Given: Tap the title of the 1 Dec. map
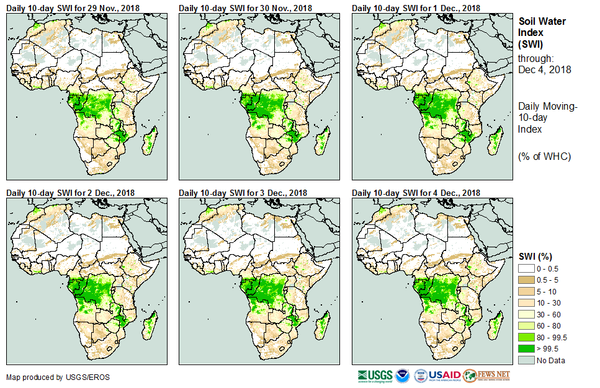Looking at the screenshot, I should [416, 7].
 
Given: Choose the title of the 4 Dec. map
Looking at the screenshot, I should [416, 193].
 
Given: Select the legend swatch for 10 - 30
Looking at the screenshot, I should [526, 302].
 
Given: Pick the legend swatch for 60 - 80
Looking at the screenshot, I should [526, 325].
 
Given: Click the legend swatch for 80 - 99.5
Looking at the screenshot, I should [526, 337].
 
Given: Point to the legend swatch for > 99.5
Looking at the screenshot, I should [526, 349].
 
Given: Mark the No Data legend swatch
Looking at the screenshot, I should [526, 360].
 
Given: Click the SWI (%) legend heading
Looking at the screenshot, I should [535, 256].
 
